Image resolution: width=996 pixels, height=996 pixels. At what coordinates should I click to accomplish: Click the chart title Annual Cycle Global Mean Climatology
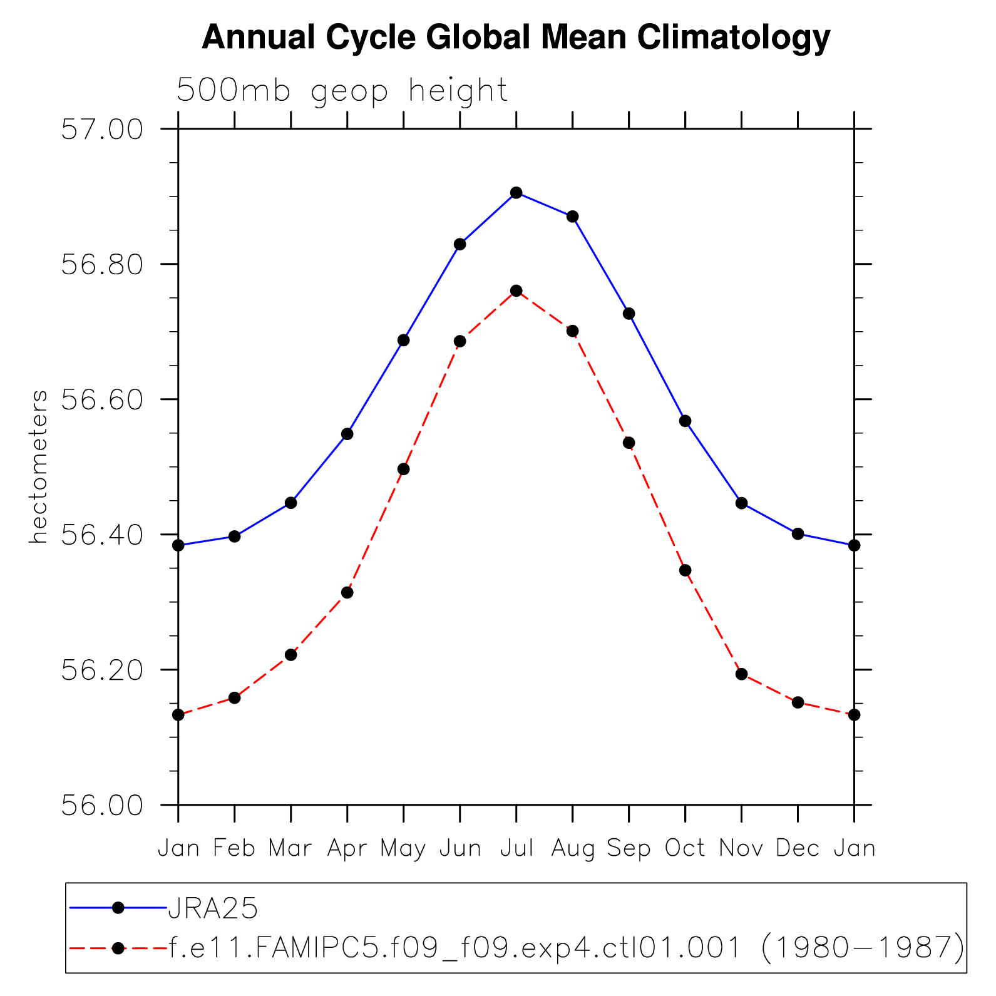pos(516,38)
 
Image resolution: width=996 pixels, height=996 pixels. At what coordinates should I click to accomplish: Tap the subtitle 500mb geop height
pos(342,91)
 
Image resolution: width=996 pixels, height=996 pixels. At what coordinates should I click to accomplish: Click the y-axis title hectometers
pos(39,467)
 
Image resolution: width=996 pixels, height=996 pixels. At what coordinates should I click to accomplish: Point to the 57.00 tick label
pos(102,130)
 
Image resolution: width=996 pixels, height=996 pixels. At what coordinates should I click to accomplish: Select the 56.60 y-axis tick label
pos(102,399)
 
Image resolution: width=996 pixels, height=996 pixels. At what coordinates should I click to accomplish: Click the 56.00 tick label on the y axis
pos(102,805)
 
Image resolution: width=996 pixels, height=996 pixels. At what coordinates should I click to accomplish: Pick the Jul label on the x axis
pos(516,848)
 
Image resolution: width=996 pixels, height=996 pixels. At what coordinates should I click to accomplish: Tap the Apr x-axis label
pos(347,848)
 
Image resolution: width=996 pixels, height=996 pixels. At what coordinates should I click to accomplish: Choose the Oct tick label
pos(685,848)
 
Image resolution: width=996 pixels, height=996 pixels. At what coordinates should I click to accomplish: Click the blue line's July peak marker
pos(516,193)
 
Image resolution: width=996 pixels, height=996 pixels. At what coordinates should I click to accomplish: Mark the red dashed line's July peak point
pos(516,290)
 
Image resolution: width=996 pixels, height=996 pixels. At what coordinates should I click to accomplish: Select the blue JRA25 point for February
pos(235,537)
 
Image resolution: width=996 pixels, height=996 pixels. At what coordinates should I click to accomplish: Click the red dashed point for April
pos(347,592)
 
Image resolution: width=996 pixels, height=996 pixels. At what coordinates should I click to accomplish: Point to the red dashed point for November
pos(742,674)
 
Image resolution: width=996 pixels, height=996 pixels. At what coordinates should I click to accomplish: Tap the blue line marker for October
pos(685,421)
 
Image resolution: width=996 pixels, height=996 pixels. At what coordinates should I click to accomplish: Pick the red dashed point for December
pos(798,702)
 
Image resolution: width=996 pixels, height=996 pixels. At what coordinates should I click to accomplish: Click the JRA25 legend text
pos(213,908)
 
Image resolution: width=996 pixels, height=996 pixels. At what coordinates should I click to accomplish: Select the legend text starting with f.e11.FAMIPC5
pos(567,948)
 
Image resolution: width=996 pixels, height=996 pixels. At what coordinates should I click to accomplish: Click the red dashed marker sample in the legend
pos(118,948)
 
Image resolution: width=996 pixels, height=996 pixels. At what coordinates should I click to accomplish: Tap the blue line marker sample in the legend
pos(118,908)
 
